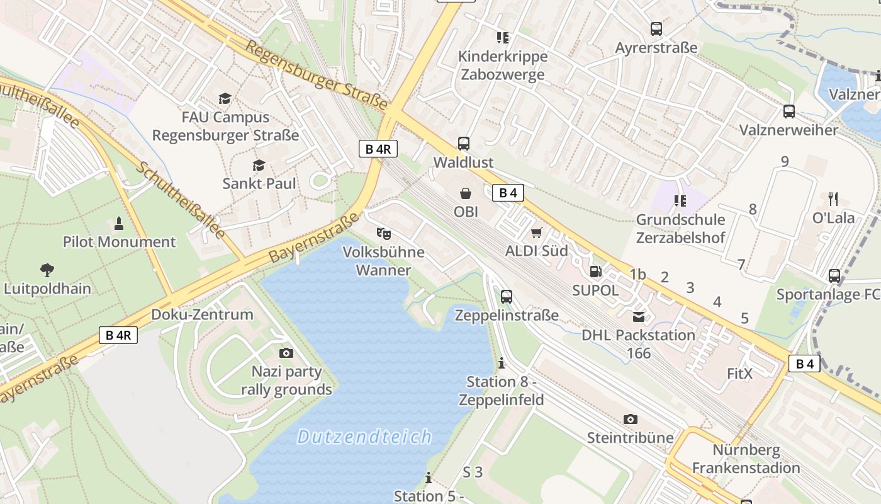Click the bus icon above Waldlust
pos(464,144)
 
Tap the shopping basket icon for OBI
pos(466,193)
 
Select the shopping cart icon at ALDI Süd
pos(536,233)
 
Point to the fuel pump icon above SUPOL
pos(595,272)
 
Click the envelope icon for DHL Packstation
pos(639,316)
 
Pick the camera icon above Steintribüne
pos(630,419)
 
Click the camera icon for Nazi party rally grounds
pos(286,353)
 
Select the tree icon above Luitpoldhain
pos(47,270)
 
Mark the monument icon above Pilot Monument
pos(119,223)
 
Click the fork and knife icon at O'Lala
pos(834,199)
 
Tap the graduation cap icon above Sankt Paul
pos(259,165)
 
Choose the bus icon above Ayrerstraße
pos(656,29)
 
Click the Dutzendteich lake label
pos(364,437)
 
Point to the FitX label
pos(739,374)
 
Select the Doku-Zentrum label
pos(202,314)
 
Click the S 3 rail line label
pos(473,472)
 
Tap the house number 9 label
pos(785,162)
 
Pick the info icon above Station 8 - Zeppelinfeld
pos(502,364)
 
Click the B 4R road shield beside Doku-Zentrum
pos(118,335)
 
